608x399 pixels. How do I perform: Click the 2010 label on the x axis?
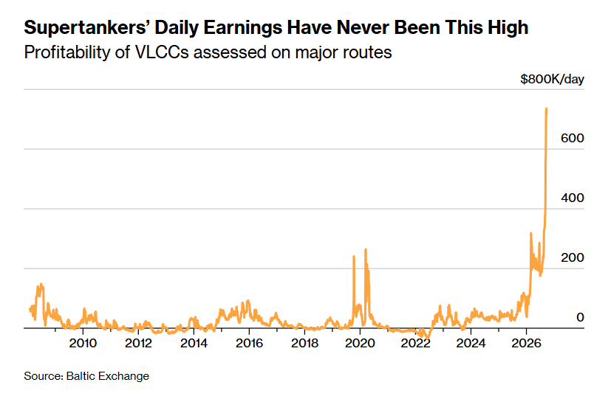(x=83, y=343)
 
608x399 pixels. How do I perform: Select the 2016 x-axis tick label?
(x=249, y=343)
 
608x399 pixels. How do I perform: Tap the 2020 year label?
(x=361, y=343)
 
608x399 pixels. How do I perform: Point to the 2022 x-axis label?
(x=416, y=343)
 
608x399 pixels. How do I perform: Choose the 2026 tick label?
(x=526, y=343)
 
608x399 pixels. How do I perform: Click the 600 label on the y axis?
(x=573, y=138)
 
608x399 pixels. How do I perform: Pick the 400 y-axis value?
(x=573, y=198)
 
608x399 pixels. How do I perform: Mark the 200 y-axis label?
(x=573, y=257)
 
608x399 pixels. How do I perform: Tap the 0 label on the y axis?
(x=580, y=317)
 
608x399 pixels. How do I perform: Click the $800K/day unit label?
(x=552, y=80)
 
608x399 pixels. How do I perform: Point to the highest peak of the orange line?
(x=547, y=109)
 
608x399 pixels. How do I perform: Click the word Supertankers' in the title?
(x=86, y=28)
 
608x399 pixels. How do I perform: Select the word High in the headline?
(x=508, y=28)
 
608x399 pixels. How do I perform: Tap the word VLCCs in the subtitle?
(x=162, y=52)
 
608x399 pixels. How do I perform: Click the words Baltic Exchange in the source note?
(x=108, y=376)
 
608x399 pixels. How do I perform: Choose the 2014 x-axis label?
(x=194, y=343)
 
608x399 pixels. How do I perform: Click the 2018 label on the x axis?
(x=305, y=343)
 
